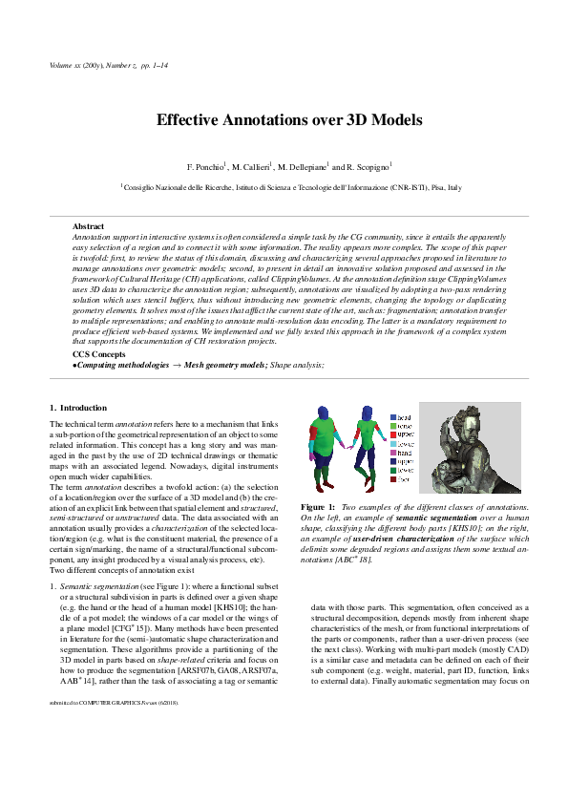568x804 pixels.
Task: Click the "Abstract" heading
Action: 89,225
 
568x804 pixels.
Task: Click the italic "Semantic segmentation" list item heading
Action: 94,604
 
